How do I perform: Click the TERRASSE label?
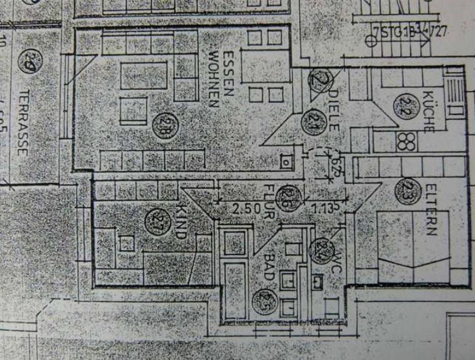pyautogui.click(x=22, y=123)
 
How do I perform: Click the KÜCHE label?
pyautogui.click(x=428, y=111)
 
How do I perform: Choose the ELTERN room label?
pyautogui.click(x=429, y=211)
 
